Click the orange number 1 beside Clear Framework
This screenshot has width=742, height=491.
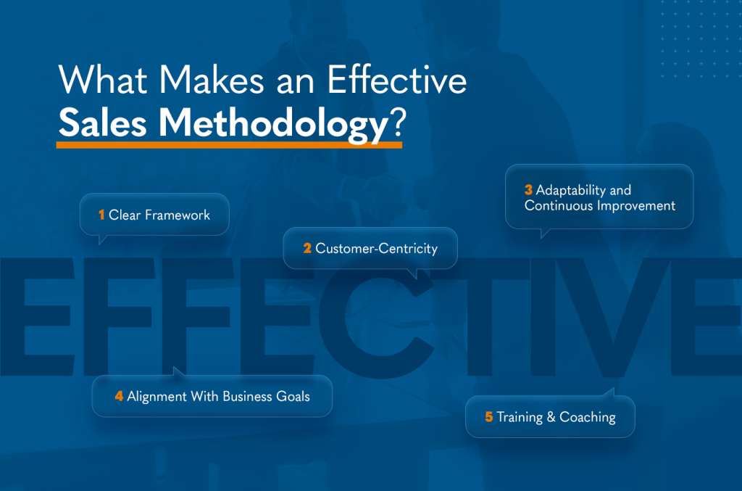point(102,215)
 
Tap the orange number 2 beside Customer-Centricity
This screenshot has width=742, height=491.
point(307,248)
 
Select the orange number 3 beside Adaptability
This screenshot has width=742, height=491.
point(528,190)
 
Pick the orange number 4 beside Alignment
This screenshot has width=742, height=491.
point(119,396)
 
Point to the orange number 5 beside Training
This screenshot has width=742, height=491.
point(489,417)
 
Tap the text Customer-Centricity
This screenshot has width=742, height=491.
point(376,248)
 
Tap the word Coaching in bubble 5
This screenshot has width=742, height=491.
point(588,417)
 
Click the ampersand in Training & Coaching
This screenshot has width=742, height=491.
point(551,417)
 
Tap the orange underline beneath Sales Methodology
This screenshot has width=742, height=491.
point(229,144)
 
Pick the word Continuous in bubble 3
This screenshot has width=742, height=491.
point(555,205)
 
